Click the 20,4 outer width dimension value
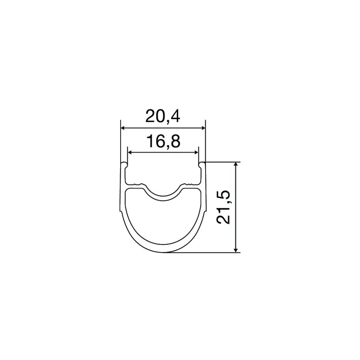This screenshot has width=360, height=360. click(162, 117)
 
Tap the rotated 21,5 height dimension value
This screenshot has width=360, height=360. click(223, 207)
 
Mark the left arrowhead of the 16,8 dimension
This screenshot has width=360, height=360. click(130, 153)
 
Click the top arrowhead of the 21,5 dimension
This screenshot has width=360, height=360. click(236, 166)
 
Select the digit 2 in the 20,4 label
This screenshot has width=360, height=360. click(150, 117)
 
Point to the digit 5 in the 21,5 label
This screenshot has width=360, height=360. click(223, 196)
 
